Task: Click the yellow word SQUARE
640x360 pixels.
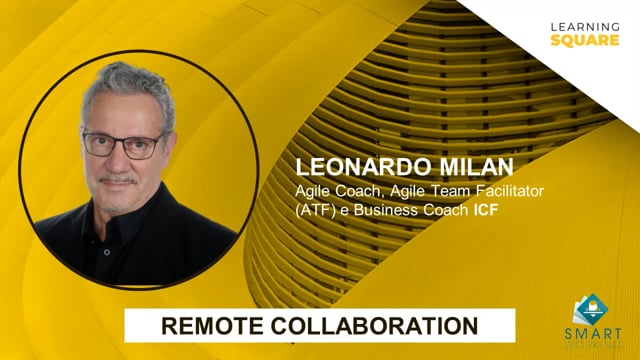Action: pyautogui.click(x=577, y=39)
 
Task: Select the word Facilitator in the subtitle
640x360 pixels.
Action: pyautogui.click(x=506, y=189)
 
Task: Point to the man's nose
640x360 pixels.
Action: pyautogui.click(x=120, y=160)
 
